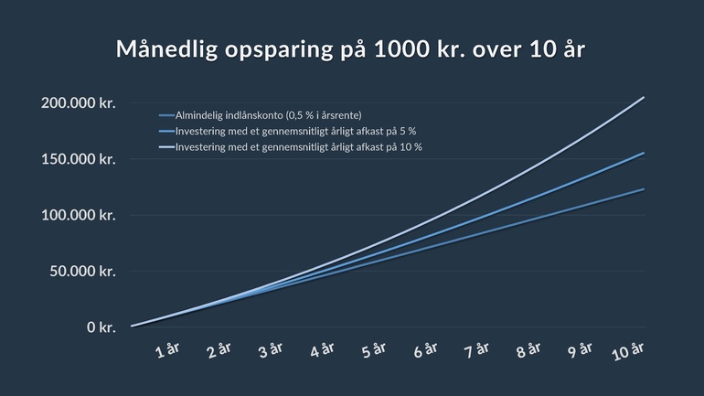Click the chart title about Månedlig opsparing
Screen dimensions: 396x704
tap(351, 49)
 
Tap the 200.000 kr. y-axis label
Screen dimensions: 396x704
tap(78, 103)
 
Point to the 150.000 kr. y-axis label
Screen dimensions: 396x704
tap(78, 159)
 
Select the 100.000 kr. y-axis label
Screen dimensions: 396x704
tap(78, 215)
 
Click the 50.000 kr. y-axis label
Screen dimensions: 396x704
tap(82, 271)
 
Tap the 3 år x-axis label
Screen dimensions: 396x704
tap(272, 351)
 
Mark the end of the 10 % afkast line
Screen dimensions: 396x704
tap(645, 97)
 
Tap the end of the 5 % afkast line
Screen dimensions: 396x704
tap(645, 153)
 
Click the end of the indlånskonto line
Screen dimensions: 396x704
tap(645, 189)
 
